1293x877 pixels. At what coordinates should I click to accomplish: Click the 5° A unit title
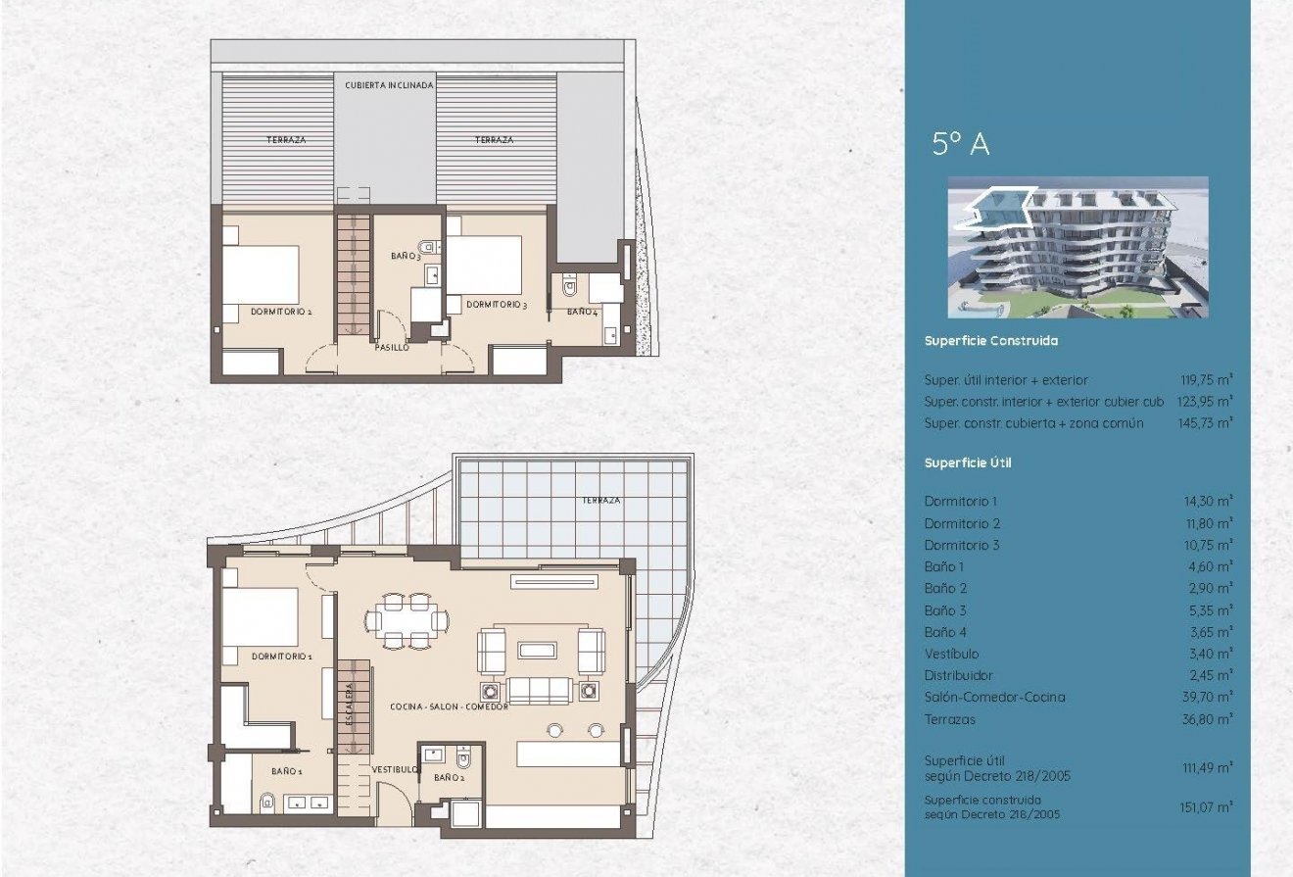tap(960, 145)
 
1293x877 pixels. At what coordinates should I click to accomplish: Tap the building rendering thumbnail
tap(1077, 247)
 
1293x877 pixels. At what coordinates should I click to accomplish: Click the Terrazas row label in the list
tap(950, 719)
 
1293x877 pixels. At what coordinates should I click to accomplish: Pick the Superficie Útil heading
tap(968, 463)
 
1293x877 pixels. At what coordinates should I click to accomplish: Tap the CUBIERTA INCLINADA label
tap(389, 86)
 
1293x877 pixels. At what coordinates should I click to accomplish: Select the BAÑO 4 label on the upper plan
tap(582, 313)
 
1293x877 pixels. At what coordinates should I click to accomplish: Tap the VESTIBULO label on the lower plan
tap(395, 770)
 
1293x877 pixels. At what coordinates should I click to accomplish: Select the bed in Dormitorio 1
tap(261, 617)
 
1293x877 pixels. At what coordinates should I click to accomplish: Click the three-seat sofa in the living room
tap(539, 690)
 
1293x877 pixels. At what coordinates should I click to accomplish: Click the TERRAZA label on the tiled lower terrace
tap(600, 500)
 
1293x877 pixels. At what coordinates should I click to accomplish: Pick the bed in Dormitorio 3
tap(486, 265)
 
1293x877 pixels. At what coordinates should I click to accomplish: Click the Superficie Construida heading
tap(990, 342)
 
